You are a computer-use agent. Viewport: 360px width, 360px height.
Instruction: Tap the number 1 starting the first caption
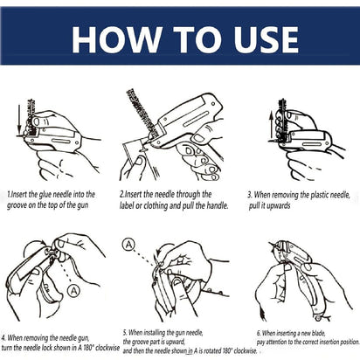pyautogui.click(x=8, y=194)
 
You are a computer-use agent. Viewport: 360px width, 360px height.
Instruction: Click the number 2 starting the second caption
pyautogui.click(x=121, y=194)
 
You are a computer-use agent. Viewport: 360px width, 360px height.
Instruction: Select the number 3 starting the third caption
pyautogui.click(x=249, y=194)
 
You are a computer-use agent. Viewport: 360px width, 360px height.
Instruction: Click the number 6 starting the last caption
pyautogui.click(x=259, y=333)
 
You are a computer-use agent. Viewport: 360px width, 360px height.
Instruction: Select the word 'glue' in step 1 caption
pyautogui.click(x=45, y=194)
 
